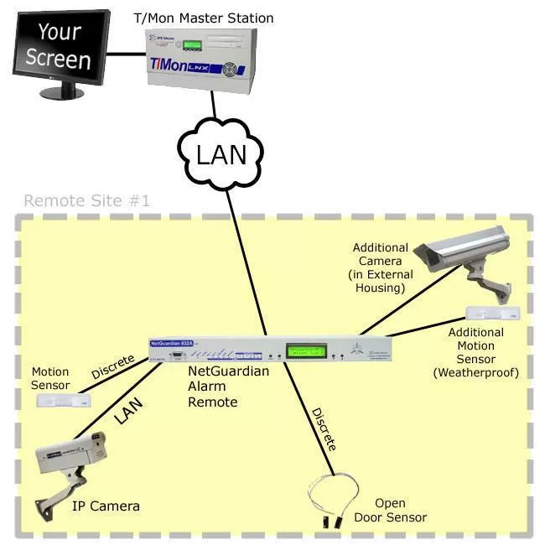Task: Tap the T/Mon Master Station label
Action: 205,18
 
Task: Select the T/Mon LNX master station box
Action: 199,59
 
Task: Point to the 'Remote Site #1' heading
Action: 86,201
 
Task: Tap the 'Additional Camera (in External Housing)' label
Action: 381,267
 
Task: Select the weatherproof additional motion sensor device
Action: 494,314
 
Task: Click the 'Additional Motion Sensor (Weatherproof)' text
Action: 475,352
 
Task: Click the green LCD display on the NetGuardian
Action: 307,350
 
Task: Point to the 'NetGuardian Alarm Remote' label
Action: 228,386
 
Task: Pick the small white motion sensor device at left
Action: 62,399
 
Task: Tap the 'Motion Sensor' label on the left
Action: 50,378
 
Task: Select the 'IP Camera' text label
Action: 106,506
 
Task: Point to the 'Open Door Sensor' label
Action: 400,511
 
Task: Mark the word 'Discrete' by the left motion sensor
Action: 112,366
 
